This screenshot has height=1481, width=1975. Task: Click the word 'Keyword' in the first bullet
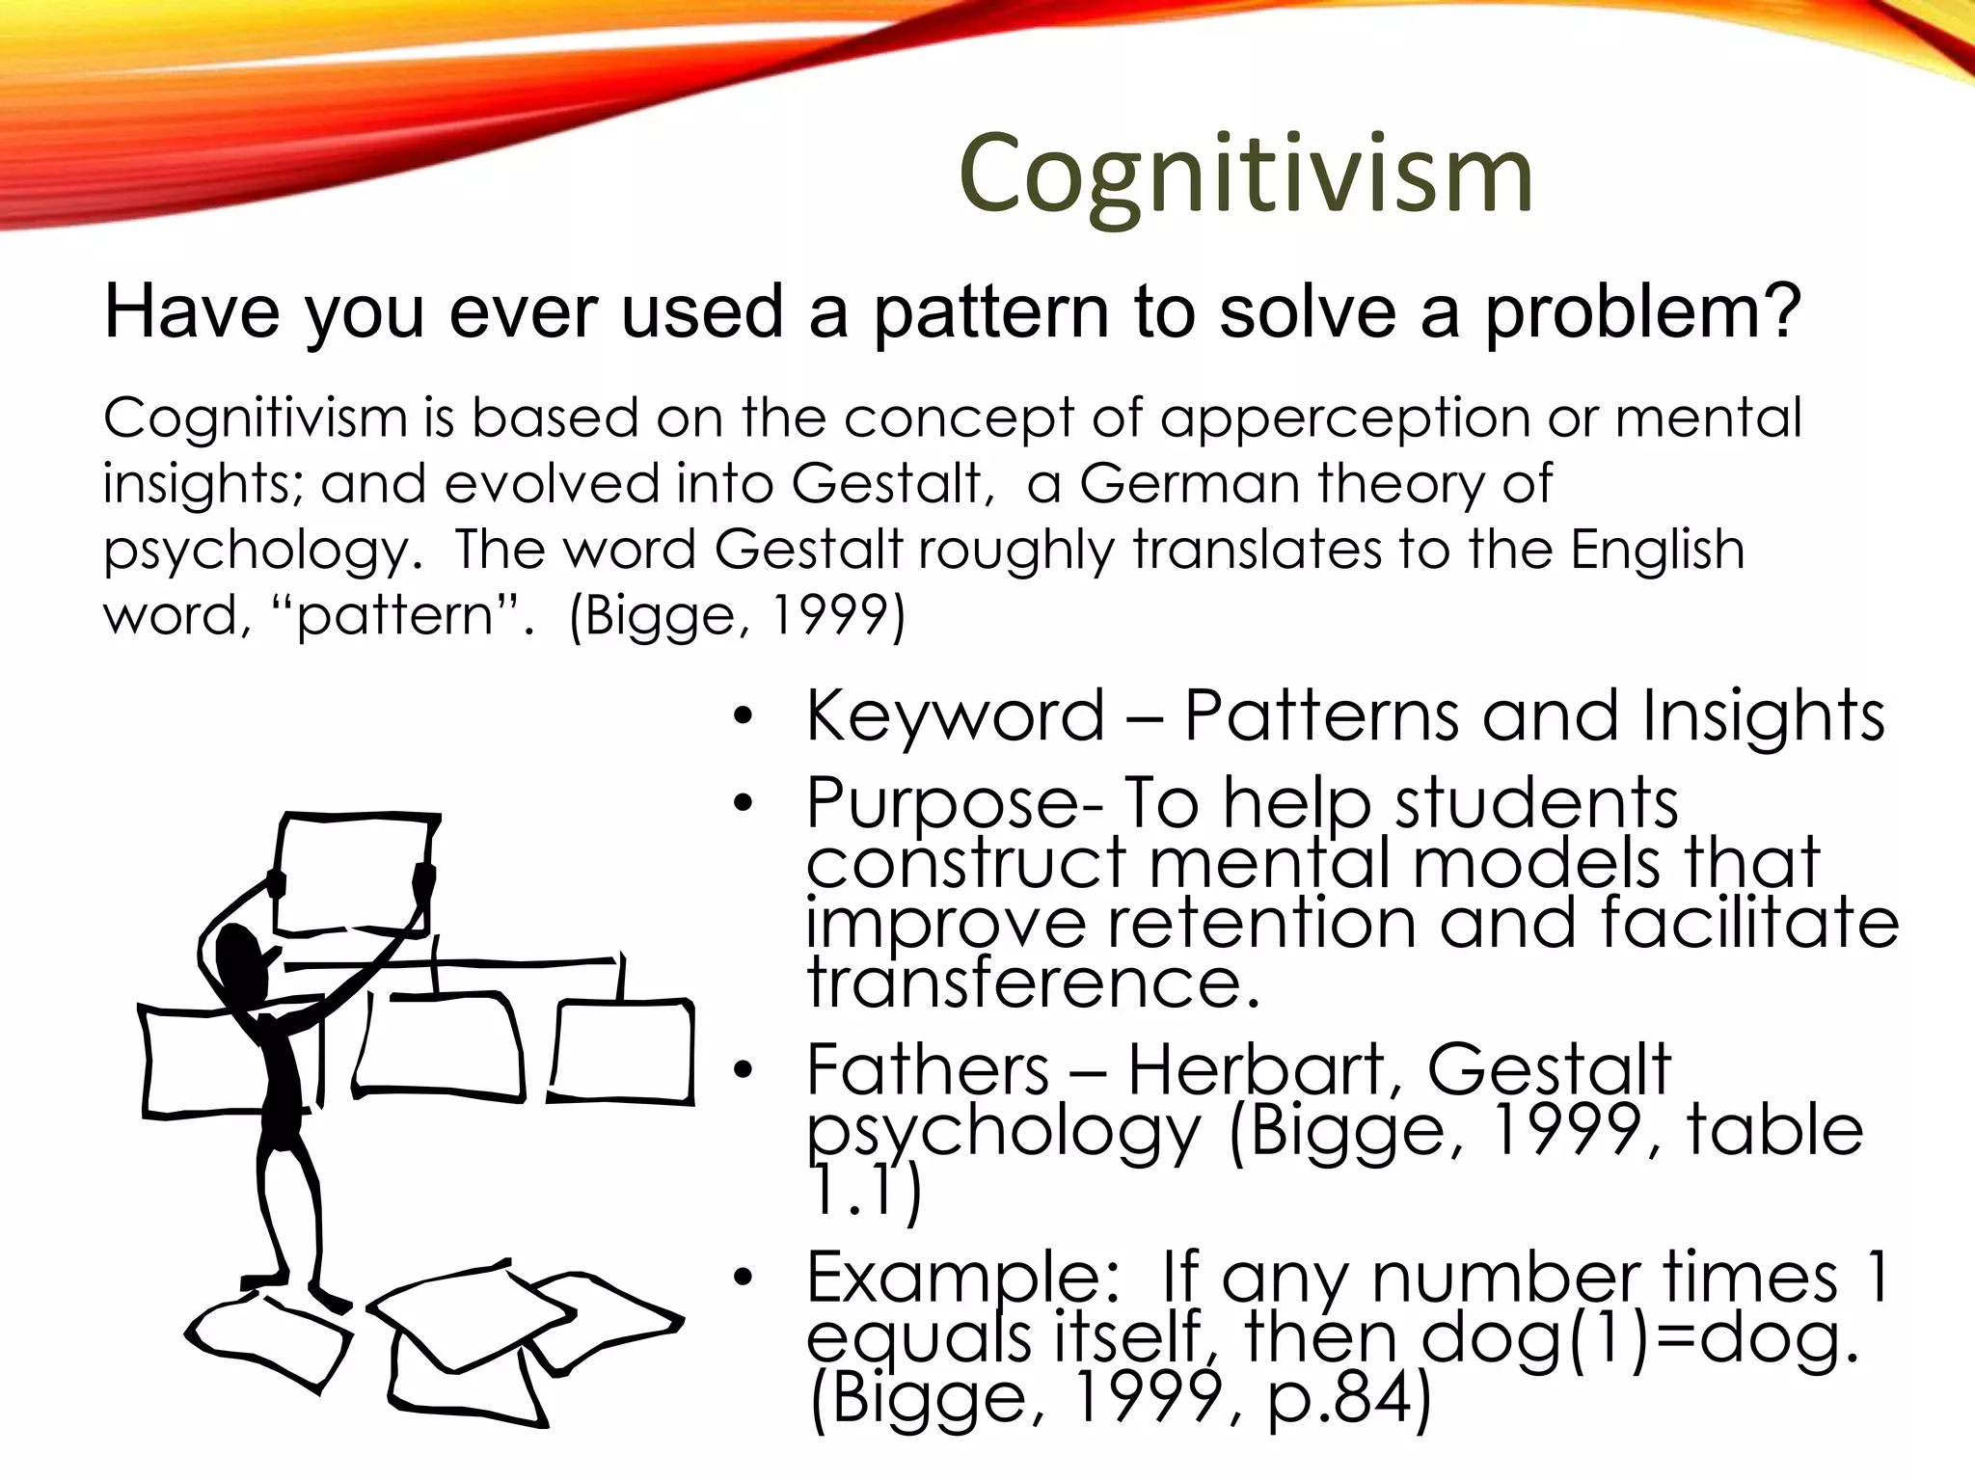[955, 716]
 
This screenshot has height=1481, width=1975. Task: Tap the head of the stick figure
[236, 955]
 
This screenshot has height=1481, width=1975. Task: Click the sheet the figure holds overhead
[352, 873]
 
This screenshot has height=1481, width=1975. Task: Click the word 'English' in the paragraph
[1657, 550]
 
